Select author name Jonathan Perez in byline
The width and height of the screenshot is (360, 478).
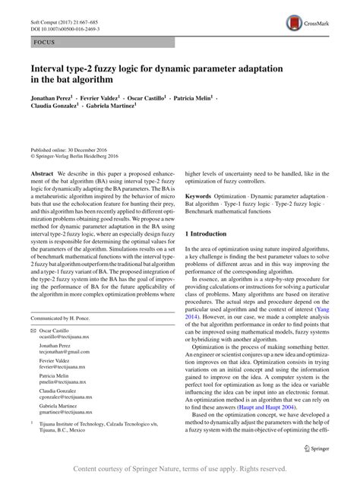(x=50, y=98)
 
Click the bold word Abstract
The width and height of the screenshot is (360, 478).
(x=43, y=173)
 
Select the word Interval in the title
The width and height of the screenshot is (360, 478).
(x=47, y=68)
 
